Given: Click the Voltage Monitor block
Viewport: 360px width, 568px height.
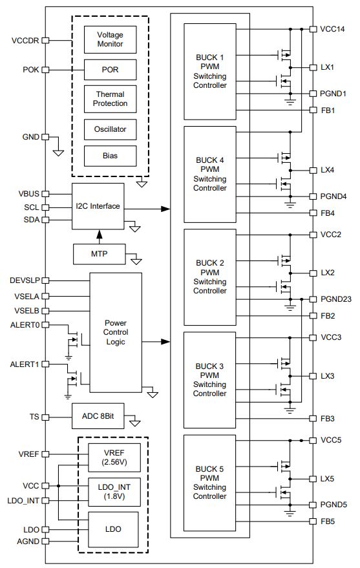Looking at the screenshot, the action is (110, 39).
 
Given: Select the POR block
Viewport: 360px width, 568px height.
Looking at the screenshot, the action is (110, 70).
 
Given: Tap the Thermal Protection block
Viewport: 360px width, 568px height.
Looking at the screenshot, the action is (110, 99).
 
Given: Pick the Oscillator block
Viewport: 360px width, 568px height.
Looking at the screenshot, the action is (110, 129).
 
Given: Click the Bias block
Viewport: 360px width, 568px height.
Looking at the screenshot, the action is (110, 156).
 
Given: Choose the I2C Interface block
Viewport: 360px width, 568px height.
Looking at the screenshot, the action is (98, 206).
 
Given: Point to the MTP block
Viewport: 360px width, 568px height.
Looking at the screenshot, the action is (100, 254).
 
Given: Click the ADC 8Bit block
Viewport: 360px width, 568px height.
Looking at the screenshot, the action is (98, 416).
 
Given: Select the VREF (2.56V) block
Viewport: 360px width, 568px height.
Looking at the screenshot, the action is (114, 458).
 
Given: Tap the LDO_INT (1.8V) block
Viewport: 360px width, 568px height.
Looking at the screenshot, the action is (114, 492).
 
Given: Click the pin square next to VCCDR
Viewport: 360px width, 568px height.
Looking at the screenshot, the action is (45, 40).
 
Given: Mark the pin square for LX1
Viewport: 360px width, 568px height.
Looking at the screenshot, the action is (313, 67).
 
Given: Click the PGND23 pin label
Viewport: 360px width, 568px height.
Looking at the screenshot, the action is (336, 299).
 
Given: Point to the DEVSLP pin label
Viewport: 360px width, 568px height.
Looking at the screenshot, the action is (25, 280).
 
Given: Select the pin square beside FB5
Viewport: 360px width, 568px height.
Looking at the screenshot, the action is (313, 521).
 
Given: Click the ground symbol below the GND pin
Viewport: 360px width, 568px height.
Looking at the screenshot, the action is (58, 153).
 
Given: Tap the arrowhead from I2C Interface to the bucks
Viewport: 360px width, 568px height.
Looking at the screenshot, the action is (165, 209).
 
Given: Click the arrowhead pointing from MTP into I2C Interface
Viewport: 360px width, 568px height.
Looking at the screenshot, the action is (100, 234).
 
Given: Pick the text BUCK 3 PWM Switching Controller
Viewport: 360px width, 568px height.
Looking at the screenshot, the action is (209, 379).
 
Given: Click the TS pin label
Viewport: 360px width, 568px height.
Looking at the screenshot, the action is (34, 417).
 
